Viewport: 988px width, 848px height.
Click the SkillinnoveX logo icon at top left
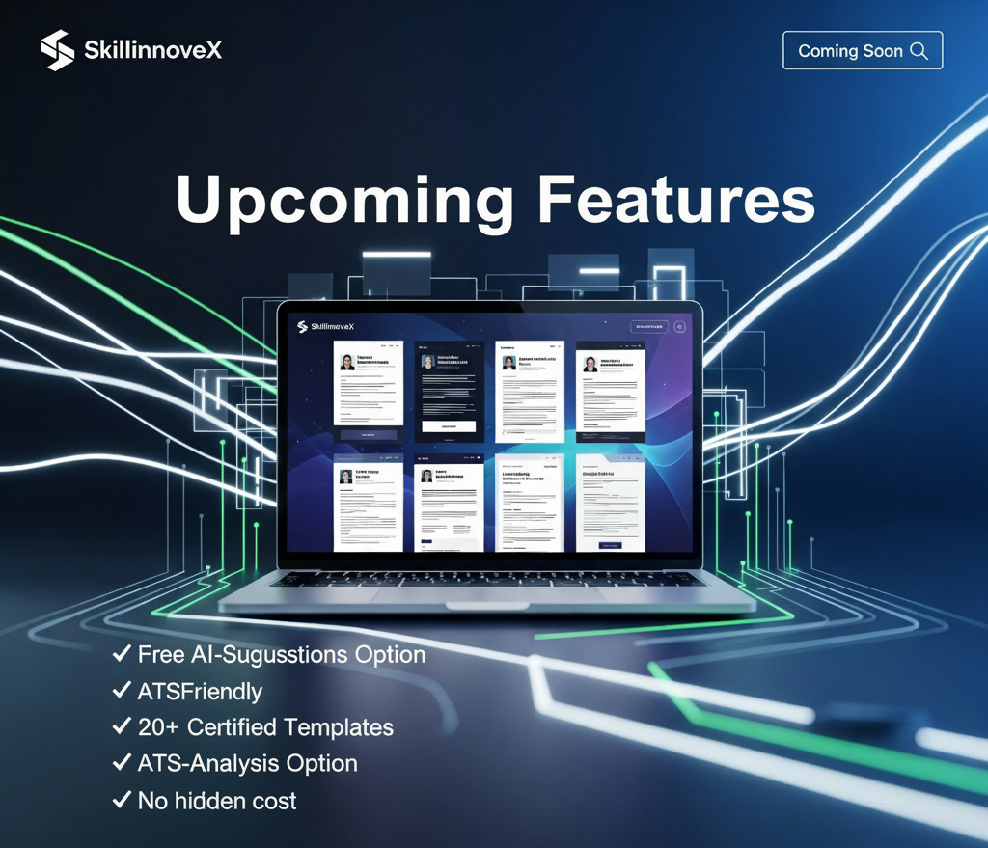coord(57,50)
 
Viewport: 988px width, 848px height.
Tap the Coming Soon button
coord(862,51)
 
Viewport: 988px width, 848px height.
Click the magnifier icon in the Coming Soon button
coord(919,51)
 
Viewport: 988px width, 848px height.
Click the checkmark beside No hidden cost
coord(122,800)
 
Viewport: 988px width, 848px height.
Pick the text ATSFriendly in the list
coord(200,691)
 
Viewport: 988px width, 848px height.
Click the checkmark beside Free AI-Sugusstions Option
coord(122,654)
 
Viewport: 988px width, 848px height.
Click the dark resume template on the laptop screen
coord(449,391)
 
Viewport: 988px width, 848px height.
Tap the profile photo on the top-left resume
coord(346,362)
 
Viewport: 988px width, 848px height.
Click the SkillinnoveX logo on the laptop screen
coord(326,327)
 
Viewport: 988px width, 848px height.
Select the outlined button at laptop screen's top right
coord(648,327)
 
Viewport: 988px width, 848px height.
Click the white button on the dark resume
coord(449,425)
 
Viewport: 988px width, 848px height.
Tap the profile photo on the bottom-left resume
coord(346,477)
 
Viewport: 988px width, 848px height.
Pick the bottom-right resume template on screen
coord(611,502)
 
